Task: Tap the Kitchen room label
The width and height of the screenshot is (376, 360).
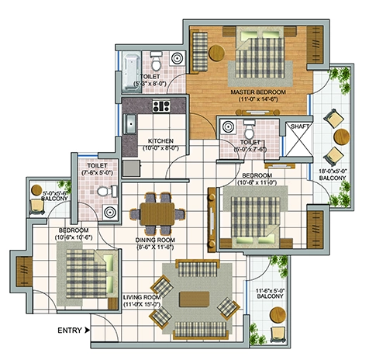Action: click(163, 144)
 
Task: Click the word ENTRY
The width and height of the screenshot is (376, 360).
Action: click(70, 331)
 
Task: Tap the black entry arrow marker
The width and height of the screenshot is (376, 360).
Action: click(88, 331)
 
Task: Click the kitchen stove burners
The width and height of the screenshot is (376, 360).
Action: click(163, 106)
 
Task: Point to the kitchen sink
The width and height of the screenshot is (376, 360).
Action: click(131, 124)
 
